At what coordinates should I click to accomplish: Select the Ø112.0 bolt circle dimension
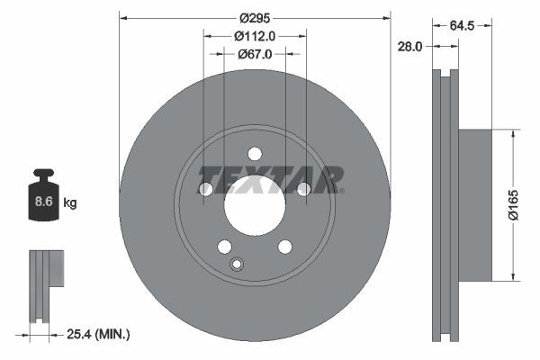click(x=254, y=36)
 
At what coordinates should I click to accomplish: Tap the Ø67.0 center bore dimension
click(x=254, y=54)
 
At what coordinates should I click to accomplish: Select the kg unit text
click(x=70, y=203)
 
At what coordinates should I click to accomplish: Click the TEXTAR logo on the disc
click(x=270, y=178)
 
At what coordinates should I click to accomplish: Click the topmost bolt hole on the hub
click(x=254, y=153)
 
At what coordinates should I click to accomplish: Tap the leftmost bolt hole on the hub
click(x=205, y=188)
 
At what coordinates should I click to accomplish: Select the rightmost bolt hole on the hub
click(x=303, y=188)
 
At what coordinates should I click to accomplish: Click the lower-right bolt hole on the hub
click(x=284, y=247)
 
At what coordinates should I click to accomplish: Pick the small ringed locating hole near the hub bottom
click(x=237, y=264)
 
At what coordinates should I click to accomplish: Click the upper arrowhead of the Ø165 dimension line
click(x=513, y=135)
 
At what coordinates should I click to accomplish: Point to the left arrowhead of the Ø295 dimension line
click(x=124, y=16)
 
